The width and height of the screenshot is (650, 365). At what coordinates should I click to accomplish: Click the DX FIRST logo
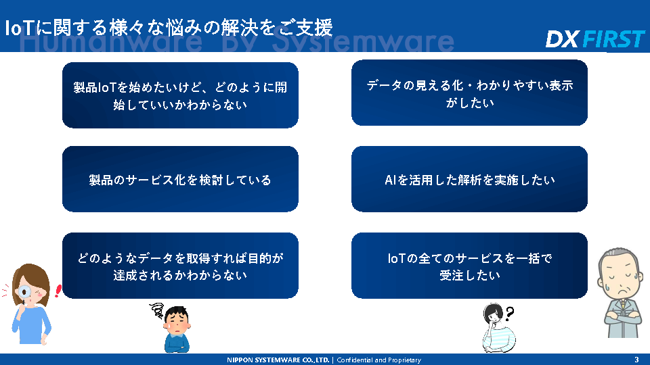click(x=595, y=39)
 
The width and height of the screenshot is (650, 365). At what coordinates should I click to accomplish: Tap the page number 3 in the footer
click(x=636, y=360)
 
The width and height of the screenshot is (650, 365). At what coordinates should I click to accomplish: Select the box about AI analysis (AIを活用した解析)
click(x=469, y=179)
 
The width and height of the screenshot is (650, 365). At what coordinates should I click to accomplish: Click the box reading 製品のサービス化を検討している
click(x=180, y=179)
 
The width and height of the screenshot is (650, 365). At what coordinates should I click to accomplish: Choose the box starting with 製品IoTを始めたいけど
click(x=180, y=95)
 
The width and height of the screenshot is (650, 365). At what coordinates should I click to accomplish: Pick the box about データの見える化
click(x=469, y=93)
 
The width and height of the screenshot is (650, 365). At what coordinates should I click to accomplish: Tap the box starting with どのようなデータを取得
click(x=180, y=266)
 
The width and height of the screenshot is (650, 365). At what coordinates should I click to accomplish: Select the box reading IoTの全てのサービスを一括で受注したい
click(x=469, y=266)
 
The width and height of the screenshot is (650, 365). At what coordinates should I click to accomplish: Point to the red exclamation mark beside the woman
click(x=58, y=291)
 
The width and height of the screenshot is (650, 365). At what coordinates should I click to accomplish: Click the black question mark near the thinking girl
click(x=509, y=313)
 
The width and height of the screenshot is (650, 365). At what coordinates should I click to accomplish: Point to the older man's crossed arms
click(x=624, y=318)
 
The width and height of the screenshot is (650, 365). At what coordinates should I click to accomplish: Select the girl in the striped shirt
click(x=499, y=328)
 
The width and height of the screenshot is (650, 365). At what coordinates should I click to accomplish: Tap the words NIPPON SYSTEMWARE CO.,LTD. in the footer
click(x=278, y=360)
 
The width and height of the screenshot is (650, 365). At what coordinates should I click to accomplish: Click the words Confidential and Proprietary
click(x=379, y=360)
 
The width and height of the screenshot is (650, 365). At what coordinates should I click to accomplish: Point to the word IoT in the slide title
click(x=19, y=28)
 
